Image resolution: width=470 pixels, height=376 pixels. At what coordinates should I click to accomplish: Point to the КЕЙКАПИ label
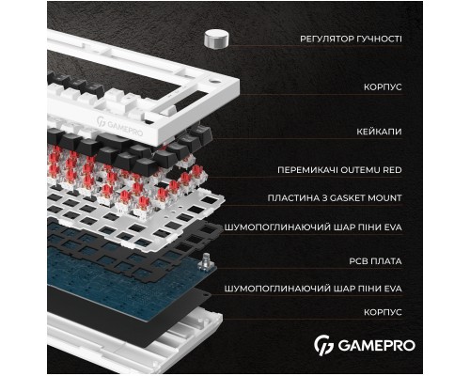click(379, 133)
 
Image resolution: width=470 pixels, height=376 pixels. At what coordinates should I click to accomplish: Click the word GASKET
click(360, 198)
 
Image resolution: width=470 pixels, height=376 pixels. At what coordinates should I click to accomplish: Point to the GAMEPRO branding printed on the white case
click(120, 123)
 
